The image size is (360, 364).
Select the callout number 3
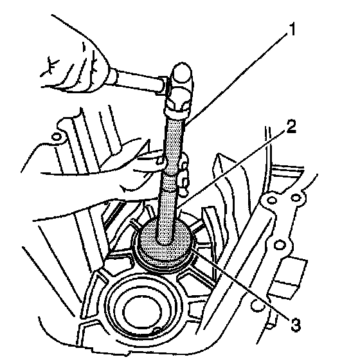coord(296,324)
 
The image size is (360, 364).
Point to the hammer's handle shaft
coord(140,80)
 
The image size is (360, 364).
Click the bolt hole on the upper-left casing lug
coord(57,137)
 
